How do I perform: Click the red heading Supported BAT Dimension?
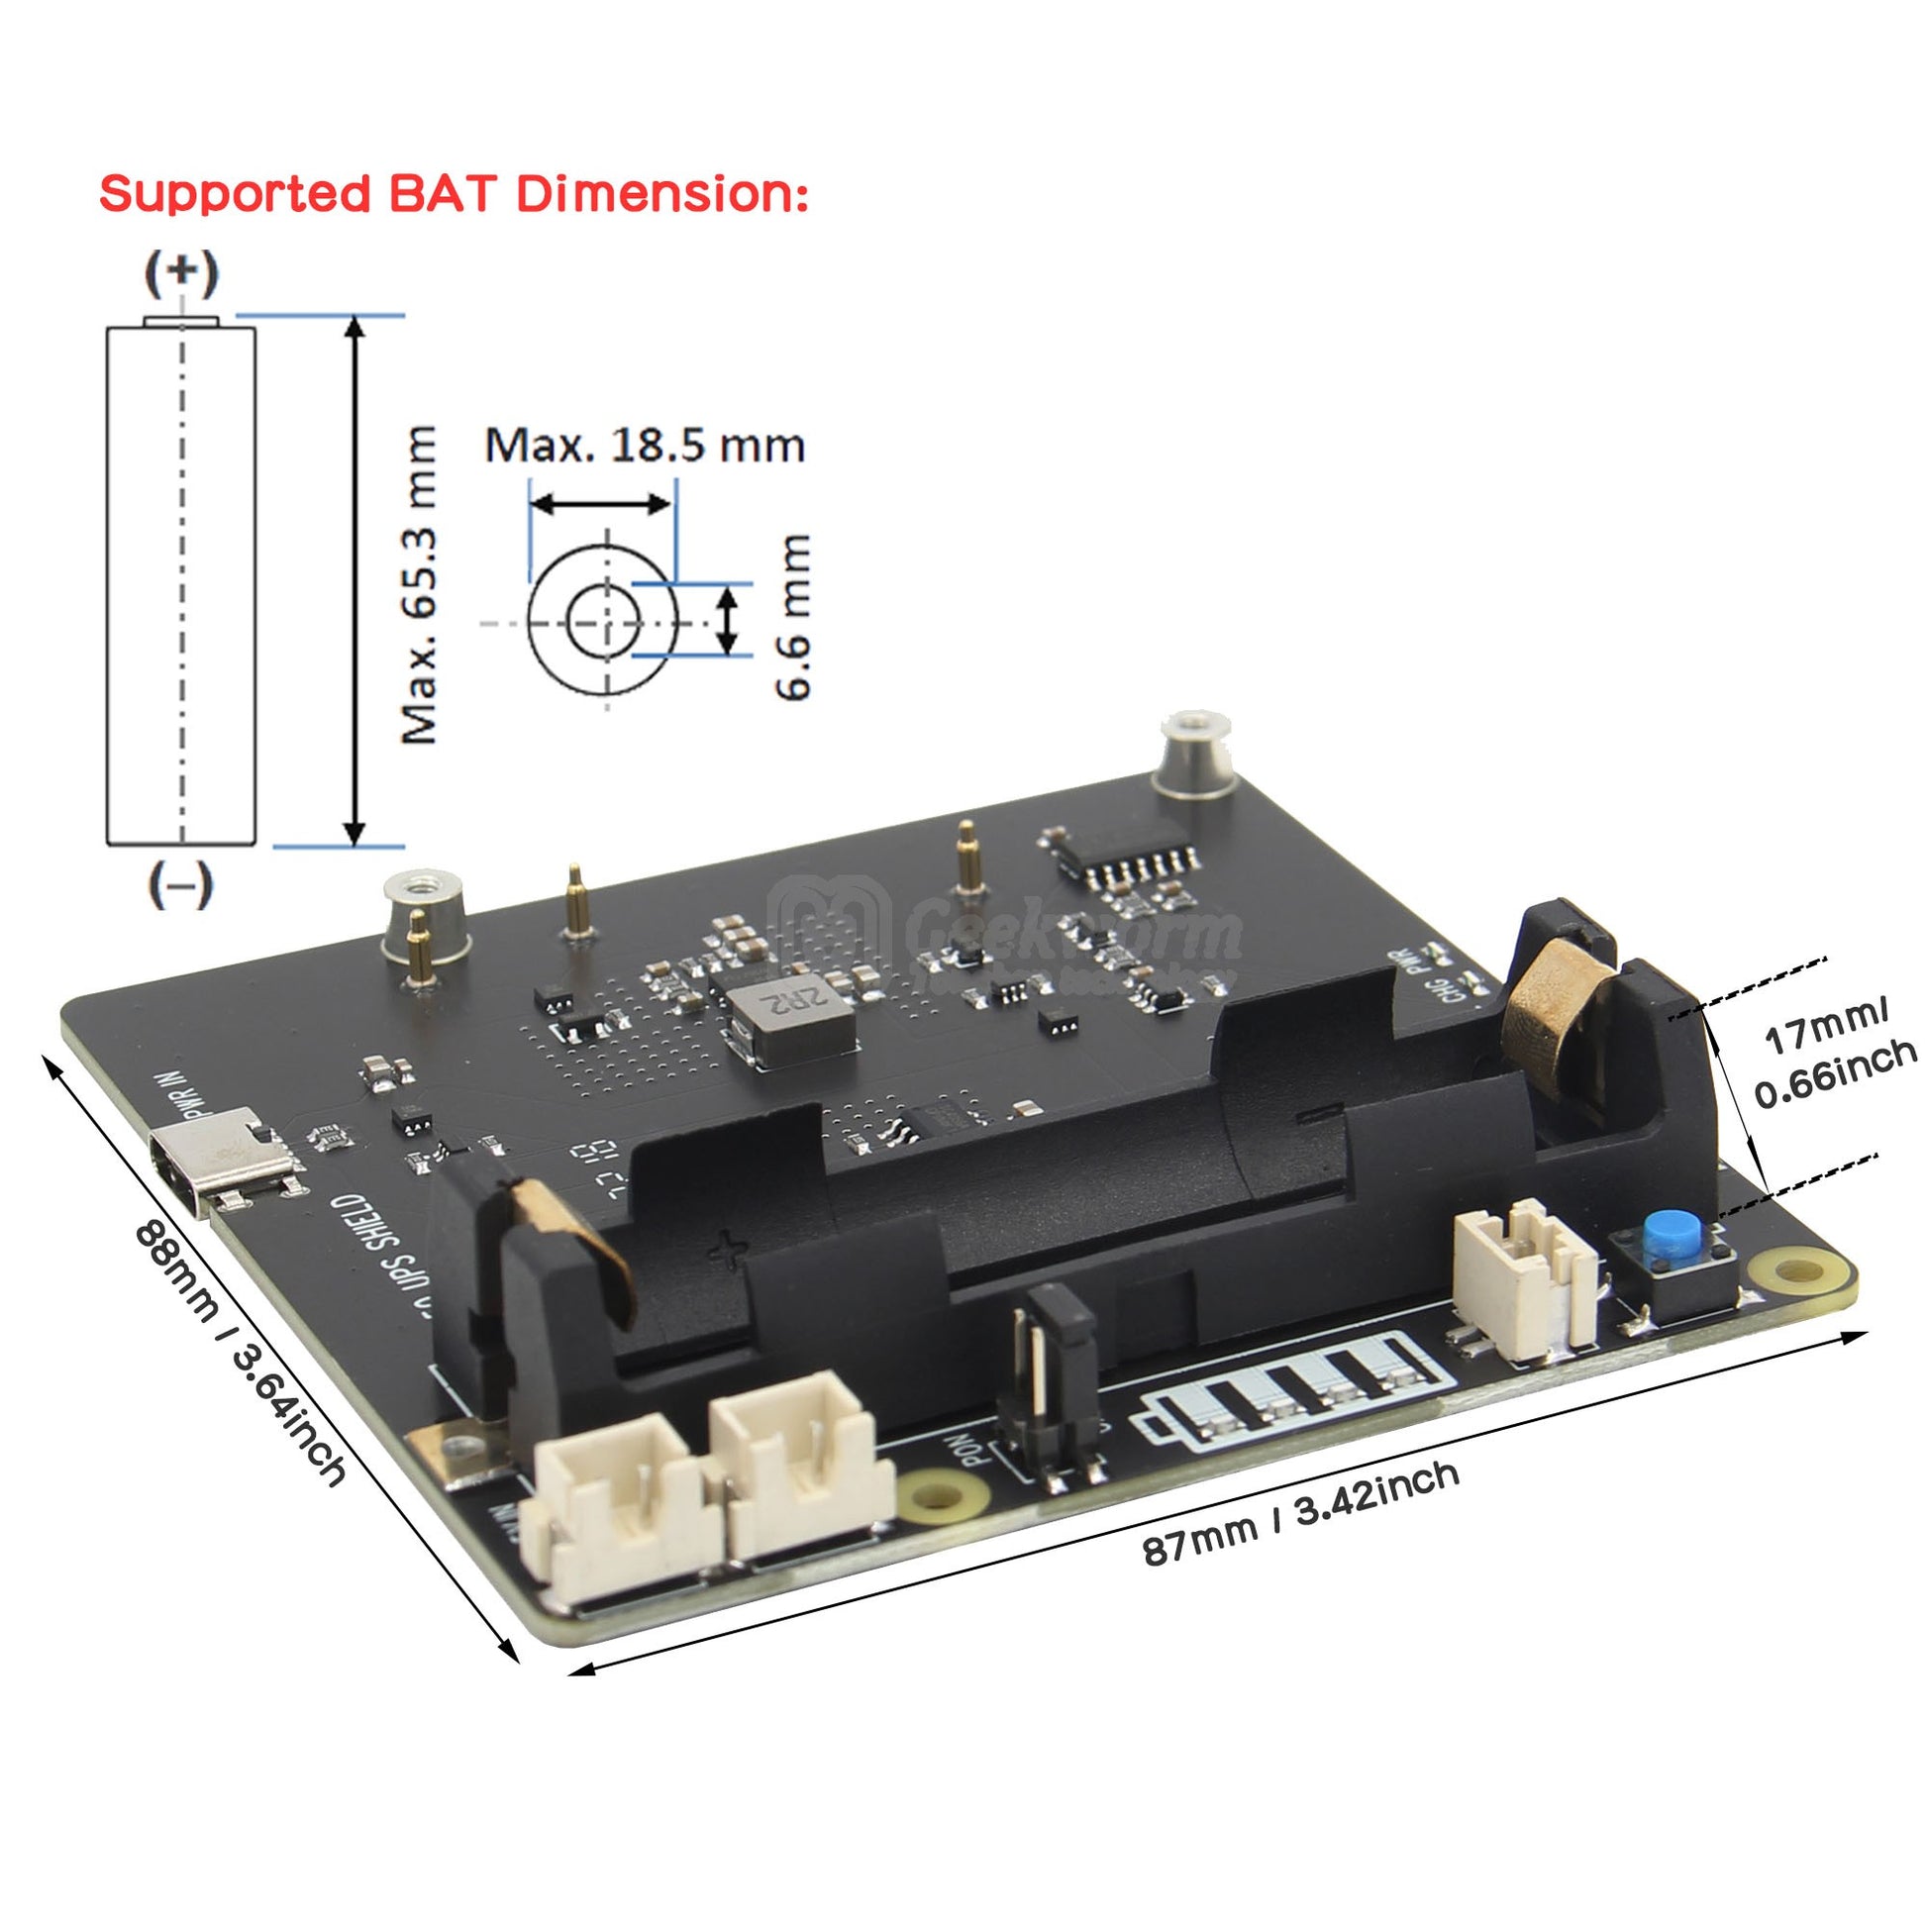pos(454,193)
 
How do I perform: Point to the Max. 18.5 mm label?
pos(645,445)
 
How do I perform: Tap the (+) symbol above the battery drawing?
pos(180,273)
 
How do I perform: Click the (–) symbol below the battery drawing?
pos(180,884)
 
